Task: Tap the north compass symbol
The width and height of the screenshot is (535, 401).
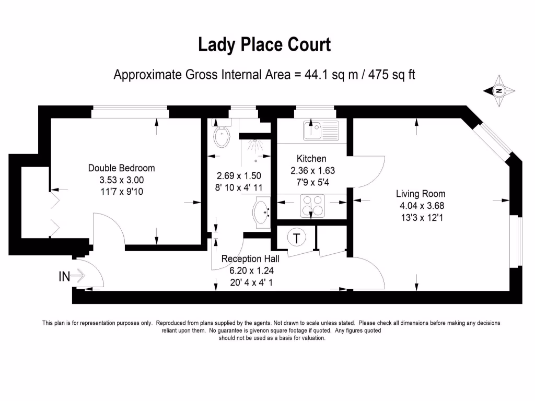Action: point(499,91)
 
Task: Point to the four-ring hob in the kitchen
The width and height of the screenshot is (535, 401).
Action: point(312,206)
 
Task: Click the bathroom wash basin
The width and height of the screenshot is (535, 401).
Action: point(262,212)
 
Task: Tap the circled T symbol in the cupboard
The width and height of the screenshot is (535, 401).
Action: point(297,239)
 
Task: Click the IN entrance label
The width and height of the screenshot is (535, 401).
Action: point(64,277)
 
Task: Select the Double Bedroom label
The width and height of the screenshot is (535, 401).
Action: point(121,168)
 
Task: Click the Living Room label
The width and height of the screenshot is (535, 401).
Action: point(421,194)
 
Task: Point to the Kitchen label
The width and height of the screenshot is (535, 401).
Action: point(311,159)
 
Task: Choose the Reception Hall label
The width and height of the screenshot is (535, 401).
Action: point(250,259)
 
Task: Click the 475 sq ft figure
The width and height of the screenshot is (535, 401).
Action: point(392,75)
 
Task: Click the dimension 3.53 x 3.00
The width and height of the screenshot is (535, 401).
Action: point(121,180)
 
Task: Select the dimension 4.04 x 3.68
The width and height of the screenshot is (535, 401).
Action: point(421,206)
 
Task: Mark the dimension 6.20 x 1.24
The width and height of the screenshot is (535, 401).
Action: point(251,270)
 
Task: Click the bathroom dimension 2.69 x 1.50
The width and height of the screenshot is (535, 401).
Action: point(239,176)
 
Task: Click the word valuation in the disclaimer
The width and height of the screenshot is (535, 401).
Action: point(312,338)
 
